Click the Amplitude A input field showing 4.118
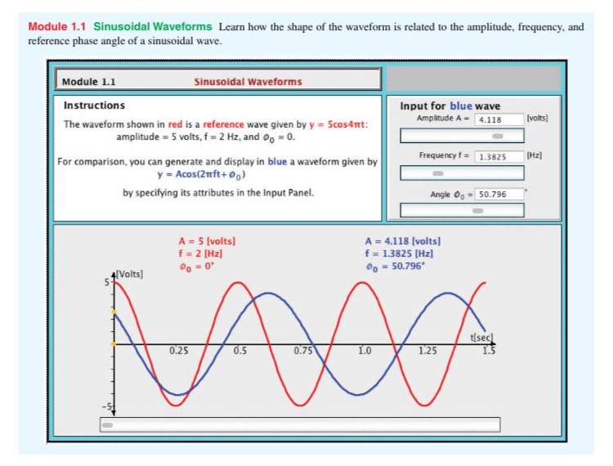coord(499,119)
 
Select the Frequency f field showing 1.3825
coord(499,156)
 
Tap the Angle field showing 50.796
coord(499,194)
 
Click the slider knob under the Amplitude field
coord(498,136)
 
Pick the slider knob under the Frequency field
coord(438,173)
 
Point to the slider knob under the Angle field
coord(478,211)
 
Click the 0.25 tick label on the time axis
coord(179,351)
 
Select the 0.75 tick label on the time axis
coord(303,351)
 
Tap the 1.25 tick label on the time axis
coord(428,351)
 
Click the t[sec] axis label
coord(482,338)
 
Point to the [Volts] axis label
coord(130,274)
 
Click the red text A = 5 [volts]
coord(208,241)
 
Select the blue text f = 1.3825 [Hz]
coord(399,253)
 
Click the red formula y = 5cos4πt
coord(337,124)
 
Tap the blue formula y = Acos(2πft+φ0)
coord(201,174)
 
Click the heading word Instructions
coord(94,105)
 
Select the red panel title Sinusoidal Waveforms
coord(248,82)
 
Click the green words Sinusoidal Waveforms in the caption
coord(153,27)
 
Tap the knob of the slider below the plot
coord(107,425)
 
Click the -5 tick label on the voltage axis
coord(107,407)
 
